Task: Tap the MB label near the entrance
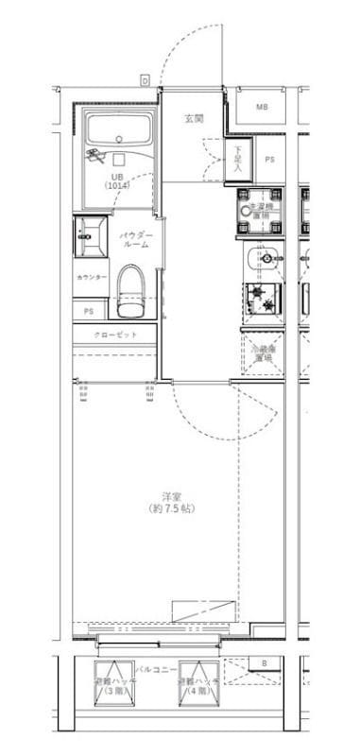261,107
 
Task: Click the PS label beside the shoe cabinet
269,159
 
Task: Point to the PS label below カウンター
89,310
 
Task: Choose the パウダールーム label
135,239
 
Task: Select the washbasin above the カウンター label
93,233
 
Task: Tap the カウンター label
92,277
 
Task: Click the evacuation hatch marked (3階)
115,685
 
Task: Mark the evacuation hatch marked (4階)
197,685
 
